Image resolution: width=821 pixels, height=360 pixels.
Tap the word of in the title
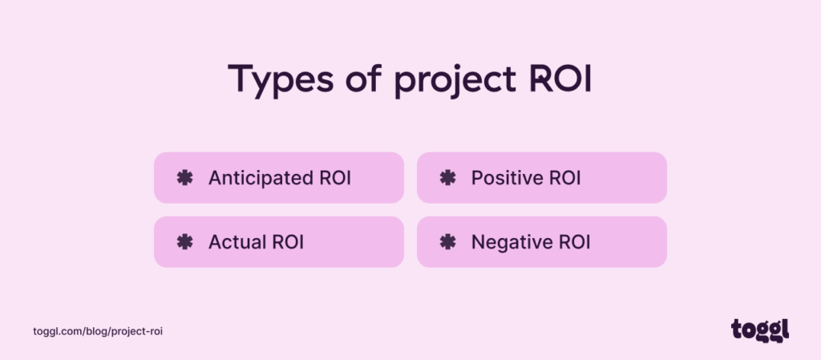click(x=361, y=80)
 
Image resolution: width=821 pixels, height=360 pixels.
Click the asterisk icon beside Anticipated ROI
click(x=184, y=177)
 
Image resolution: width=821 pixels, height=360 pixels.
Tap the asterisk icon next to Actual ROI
click(x=184, y=241)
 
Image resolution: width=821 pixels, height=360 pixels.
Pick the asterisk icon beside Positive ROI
click(x=447, y=177)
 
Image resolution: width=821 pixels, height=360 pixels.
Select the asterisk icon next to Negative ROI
click(x=447, y=241)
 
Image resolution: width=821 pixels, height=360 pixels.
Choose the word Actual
click(x=237, y=241)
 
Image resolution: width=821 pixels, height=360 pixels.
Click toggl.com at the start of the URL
click(x=55, y=331)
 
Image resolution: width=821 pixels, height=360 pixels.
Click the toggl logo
click(x=760, y=329)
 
